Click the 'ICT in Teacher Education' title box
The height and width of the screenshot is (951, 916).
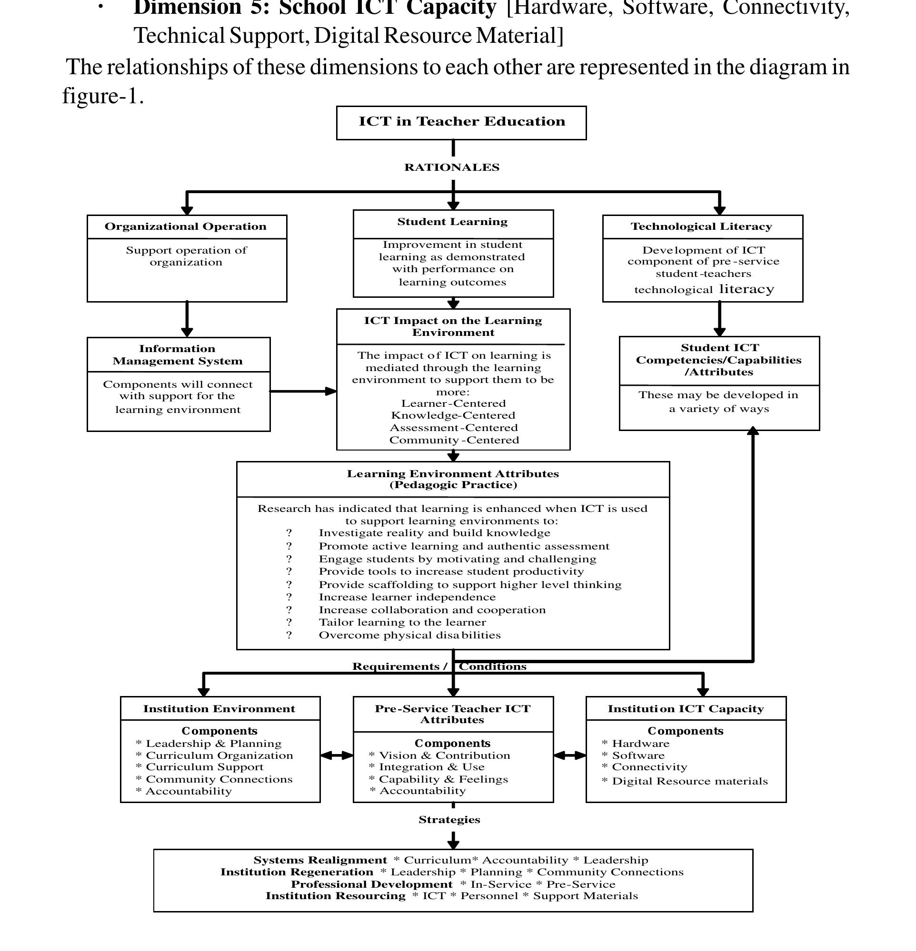461,122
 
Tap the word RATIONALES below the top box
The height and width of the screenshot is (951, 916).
452,167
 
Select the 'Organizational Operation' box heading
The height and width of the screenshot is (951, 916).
186,226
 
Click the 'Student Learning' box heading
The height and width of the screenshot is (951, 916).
452,222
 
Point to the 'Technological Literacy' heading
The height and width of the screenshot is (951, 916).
701,226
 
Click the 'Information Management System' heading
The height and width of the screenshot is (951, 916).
177,355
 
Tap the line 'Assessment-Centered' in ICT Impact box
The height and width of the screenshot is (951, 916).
454,428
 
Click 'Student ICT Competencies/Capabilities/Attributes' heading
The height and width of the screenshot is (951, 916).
718,360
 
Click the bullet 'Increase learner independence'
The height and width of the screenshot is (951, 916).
407,597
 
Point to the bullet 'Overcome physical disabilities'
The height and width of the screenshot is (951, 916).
409,635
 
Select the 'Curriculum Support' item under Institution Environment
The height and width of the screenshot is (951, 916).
204,767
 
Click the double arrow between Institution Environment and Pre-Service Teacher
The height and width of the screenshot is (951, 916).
337,755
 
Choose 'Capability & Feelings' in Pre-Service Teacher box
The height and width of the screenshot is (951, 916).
443,779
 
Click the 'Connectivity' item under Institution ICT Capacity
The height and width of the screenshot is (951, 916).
649,767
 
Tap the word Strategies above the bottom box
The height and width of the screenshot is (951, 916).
449,820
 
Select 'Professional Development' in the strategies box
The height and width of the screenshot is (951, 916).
371,884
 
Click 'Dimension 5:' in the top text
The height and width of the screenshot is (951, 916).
201,8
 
